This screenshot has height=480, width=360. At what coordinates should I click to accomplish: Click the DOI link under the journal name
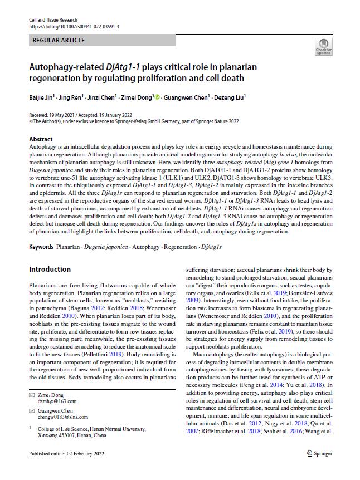click(x=74, y=26)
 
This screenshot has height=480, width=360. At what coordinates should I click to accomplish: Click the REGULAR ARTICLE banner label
click(x=59, y=40)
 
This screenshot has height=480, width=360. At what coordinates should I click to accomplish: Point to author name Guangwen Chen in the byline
click(x=185, y=97)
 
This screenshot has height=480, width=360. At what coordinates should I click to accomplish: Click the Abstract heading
click(x=41, y=139)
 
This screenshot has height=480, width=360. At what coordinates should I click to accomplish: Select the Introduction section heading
click(x=50, y=270)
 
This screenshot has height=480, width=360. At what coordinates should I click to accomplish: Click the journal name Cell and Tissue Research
click(x=55, y=19)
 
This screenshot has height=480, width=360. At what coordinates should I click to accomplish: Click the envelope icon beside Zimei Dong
click(x=31, y=395)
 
